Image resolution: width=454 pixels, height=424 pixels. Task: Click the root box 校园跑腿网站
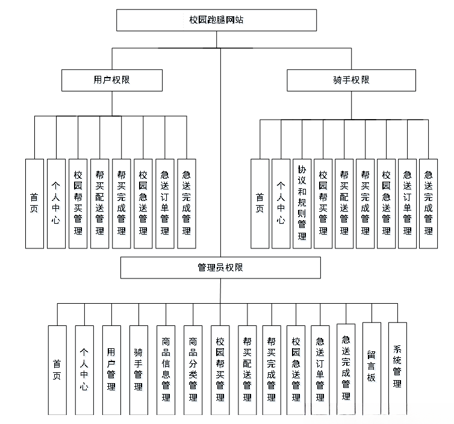216,20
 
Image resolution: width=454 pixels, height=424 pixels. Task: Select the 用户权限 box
111,80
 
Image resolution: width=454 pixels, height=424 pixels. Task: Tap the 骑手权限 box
351,80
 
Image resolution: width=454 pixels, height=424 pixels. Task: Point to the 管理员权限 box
220,268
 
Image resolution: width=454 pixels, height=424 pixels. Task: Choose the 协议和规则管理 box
302,203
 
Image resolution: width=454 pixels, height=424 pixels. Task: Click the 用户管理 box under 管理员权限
111,369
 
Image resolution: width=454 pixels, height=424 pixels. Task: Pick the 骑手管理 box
138,369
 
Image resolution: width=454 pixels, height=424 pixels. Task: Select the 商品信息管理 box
166,369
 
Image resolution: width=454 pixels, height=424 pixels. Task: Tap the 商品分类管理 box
193,369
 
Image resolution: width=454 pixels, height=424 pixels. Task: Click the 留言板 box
372,368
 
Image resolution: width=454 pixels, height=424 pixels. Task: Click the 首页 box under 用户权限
34,203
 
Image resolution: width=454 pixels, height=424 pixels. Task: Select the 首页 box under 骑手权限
260,203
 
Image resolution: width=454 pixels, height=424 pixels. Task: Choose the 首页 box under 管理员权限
57,369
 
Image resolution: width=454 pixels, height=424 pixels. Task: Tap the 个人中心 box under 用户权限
56,203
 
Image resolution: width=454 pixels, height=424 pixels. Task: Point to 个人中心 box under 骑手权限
281,203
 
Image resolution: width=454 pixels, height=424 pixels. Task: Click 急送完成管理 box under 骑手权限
428,203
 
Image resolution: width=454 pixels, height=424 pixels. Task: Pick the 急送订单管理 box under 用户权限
164,203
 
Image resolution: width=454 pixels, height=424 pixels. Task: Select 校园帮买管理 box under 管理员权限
220,369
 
